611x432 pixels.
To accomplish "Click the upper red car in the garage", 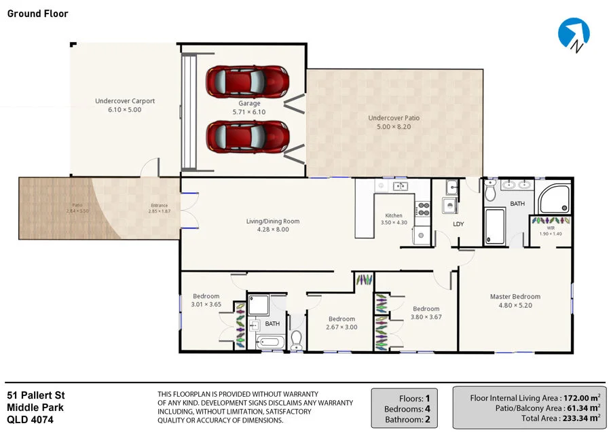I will pos(248,80).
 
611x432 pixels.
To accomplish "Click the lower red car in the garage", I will pos(248,135).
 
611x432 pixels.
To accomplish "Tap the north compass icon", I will pos(574,34).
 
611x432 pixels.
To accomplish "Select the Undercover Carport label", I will pos(125,101).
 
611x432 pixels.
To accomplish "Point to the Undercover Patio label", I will pos(394,118).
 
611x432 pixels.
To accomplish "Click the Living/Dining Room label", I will pos(272,221).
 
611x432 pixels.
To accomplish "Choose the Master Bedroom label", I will pos(515,297).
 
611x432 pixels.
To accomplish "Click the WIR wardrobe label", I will pos(551,228).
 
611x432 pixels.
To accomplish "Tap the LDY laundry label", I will pos(458,223).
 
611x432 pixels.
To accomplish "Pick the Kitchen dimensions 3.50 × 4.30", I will pos(394,223).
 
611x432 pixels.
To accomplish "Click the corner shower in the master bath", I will pos(554,197).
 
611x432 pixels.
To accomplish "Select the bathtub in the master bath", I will pos(495,226).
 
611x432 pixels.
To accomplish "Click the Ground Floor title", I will pos(38,14).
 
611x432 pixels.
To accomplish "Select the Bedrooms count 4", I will pos(428,410).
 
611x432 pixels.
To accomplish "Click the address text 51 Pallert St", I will pos(35,395).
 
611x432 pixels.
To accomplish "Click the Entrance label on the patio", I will pos(159,206).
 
